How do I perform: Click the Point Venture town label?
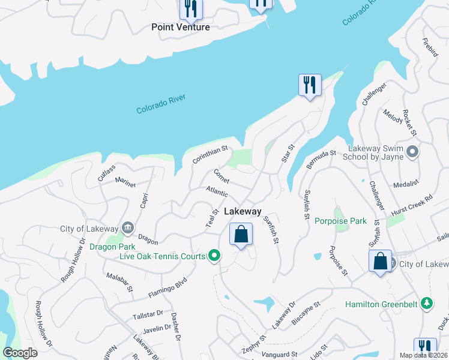click(181, 27)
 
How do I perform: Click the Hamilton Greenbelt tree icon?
click(426, 304)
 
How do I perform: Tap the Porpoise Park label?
click(340, 221)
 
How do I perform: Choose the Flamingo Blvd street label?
click(168, 287)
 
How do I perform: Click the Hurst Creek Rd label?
click(411, 205)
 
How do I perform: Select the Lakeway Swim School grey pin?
click(412, 152)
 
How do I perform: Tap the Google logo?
click(20, 353)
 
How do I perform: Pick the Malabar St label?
click(120, 281)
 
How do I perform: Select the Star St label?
click(289, 154)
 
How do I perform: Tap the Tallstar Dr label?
click(149, 314)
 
